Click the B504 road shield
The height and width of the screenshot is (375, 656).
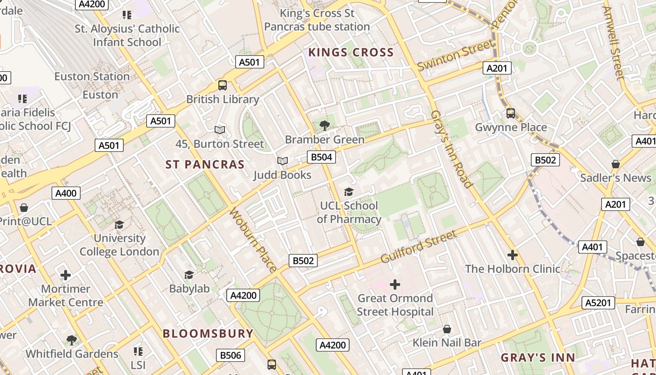(321, 157)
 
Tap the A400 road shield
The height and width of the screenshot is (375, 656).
(66, 193)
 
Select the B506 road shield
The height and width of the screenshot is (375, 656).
(230, 355)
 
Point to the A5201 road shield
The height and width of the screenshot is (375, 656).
(598, 303)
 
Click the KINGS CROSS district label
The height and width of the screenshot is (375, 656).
(351, 52)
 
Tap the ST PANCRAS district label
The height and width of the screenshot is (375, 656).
(205, 165)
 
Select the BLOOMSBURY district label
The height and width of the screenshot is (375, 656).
(208, 334)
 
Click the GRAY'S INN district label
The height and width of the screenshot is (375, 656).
(537, 358)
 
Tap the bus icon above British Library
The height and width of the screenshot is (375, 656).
(223, 85)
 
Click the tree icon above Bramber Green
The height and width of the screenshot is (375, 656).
(324, 126)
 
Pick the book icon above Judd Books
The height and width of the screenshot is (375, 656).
(282, 161)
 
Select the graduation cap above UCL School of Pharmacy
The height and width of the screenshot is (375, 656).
(349, 192)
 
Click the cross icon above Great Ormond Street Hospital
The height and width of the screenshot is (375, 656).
(395, 285)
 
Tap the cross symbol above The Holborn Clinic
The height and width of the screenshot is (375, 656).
(513, 255)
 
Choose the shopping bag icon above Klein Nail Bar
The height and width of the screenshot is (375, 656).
(447, 329)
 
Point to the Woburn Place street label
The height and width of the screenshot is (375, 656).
(253, 240)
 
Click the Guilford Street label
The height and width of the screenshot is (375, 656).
(418, 247)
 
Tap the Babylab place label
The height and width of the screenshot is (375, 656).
(189, 289)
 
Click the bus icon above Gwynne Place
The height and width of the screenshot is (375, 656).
(511, 113)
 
